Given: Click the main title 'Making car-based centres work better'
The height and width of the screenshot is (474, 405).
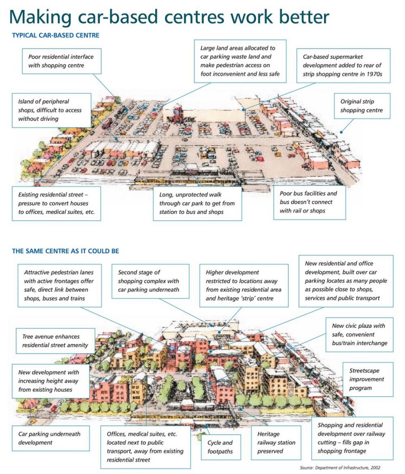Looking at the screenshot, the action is click(169, 17).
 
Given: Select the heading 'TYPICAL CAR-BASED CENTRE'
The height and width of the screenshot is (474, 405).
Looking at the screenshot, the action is click(56, 35).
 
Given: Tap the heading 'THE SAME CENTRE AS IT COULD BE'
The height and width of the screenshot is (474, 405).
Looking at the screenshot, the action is click(66, 251).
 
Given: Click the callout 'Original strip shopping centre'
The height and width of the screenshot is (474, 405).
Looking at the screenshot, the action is click(362, 106).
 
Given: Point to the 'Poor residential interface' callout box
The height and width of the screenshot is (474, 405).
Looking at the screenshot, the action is click(62, 61).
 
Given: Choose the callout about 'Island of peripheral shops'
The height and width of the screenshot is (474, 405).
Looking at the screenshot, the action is click(51, 110).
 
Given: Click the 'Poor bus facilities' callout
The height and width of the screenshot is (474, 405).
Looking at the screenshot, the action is click(310, 202).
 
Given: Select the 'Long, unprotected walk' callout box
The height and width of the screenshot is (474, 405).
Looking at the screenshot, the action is click(197, 203).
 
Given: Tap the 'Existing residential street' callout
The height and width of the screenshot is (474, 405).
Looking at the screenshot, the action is click(56, 203).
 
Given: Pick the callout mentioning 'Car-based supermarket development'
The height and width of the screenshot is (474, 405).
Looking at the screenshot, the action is click(343, 65).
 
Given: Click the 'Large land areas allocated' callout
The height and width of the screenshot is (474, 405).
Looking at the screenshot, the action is click(240, 61).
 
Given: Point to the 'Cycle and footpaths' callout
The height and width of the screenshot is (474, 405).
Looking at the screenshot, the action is click(221, 447).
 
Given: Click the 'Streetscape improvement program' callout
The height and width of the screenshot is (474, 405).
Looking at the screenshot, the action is click(368, 379).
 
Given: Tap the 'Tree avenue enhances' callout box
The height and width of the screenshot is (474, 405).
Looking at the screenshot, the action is click(55, 341).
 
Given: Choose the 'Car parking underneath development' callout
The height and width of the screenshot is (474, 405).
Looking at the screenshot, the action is click(51, 438).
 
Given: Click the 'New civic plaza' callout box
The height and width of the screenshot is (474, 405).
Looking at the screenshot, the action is click(359, 334).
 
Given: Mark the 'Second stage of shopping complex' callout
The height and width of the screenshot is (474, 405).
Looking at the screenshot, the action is click(150, 281).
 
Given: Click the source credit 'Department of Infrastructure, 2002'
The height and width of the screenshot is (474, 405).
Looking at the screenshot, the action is click(348, 468).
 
